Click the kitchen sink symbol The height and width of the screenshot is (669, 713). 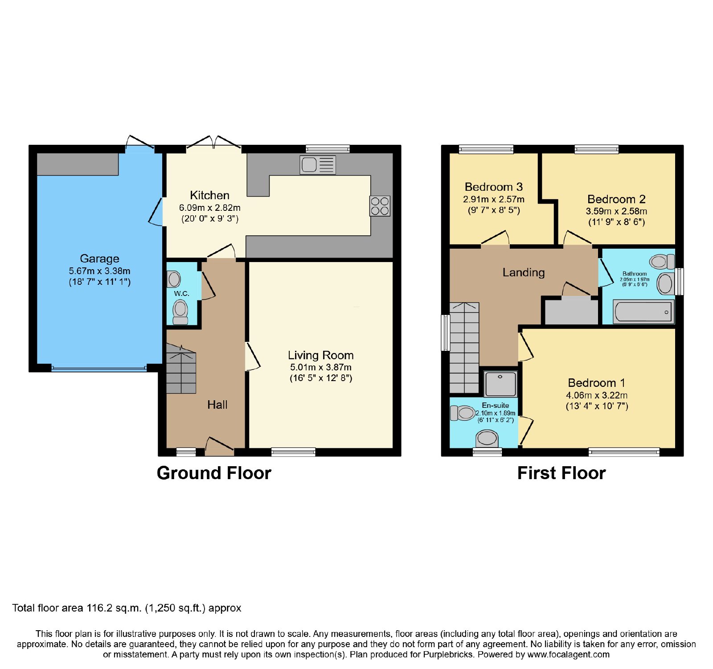click(x=318, y=164)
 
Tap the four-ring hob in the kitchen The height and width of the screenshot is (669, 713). click(x=380, y=206)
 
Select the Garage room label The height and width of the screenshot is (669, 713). click(x=99, y=259)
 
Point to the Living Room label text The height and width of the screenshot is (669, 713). click(x=321, y=355)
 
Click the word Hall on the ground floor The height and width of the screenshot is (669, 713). click(x=217, y=405)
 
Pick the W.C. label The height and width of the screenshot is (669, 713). click(x=182, y=293)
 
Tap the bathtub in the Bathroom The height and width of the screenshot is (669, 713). click(x=643, y=311)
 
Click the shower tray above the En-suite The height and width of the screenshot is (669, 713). click(x=500, y=383)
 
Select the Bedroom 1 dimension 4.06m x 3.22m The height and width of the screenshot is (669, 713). click(x=597, y=395)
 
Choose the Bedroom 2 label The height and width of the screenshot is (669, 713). click(x=616, y=199)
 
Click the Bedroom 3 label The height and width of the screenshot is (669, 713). click(x=494, y=187)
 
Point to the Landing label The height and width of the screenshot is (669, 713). click(x=524, y=272)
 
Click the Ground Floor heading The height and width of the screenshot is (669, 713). click(x=214, y=473)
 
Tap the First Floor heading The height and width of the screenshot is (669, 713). click(x=561, y=473)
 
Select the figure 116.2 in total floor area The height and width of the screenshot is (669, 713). click(x=100, y=608)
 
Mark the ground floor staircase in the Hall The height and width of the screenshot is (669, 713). click(x=181, y=369)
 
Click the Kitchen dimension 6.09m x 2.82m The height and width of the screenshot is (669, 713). click(x=210, y=208)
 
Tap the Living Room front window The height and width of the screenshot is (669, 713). click(x=293, y=452)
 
